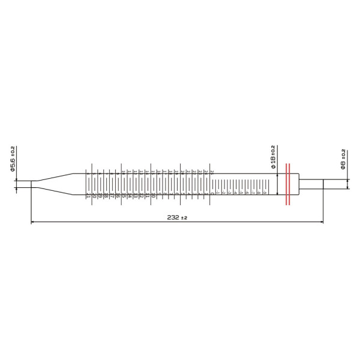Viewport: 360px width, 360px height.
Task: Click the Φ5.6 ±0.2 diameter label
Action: click(x=13, y=159)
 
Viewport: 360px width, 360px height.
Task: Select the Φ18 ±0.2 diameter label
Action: click(x=273, y=157)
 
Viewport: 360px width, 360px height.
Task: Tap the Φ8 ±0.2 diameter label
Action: click(x=343, y=159)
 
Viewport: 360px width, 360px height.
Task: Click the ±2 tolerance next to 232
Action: click(x=185, y=218)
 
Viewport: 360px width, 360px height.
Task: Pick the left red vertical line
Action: click(x=286, y=184)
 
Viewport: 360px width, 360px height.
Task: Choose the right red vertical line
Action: click(x=291, y=184)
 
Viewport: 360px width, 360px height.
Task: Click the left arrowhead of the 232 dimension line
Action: click(x=33, y=223)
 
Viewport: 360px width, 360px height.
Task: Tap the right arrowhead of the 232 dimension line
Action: click(x=320, y=223)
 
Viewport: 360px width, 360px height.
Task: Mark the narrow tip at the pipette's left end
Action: click(x=24, y=184)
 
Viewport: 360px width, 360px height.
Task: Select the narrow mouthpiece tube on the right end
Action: click(x=311, y=184)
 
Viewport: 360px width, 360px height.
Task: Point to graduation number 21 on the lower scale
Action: click(x=88, y=196)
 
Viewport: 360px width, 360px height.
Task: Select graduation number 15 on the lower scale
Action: click(x=124, y=196)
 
